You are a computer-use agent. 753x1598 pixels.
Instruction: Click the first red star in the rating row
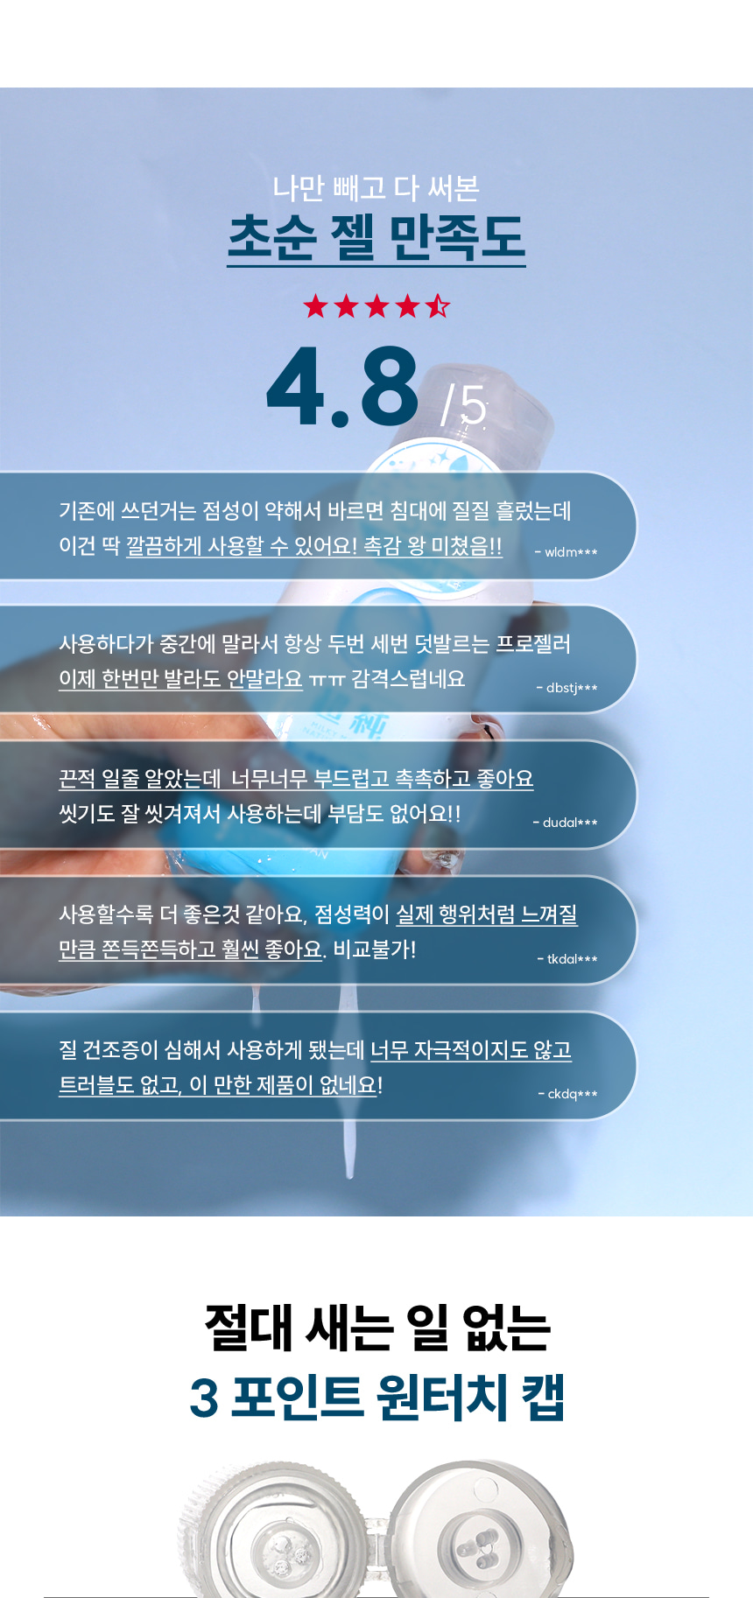[x=315, y=306]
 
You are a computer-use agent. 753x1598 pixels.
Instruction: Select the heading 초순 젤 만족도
[x=376, y=237]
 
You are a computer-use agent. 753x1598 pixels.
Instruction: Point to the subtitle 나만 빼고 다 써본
[x=376, y=187]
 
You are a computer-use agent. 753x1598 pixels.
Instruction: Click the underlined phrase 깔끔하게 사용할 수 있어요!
[x=242, y=546]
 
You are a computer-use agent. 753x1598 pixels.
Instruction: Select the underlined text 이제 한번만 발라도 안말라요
[x=180, y=679]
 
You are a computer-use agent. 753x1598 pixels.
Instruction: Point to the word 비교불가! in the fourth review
[x=375, y=950]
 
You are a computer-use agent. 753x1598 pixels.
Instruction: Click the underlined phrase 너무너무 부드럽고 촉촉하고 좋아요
[x=383, y=779]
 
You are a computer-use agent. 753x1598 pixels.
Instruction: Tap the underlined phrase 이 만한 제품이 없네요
[x=283, y=1085]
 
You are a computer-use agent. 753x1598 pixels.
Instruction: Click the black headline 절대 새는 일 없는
[x=376, y=1328]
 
